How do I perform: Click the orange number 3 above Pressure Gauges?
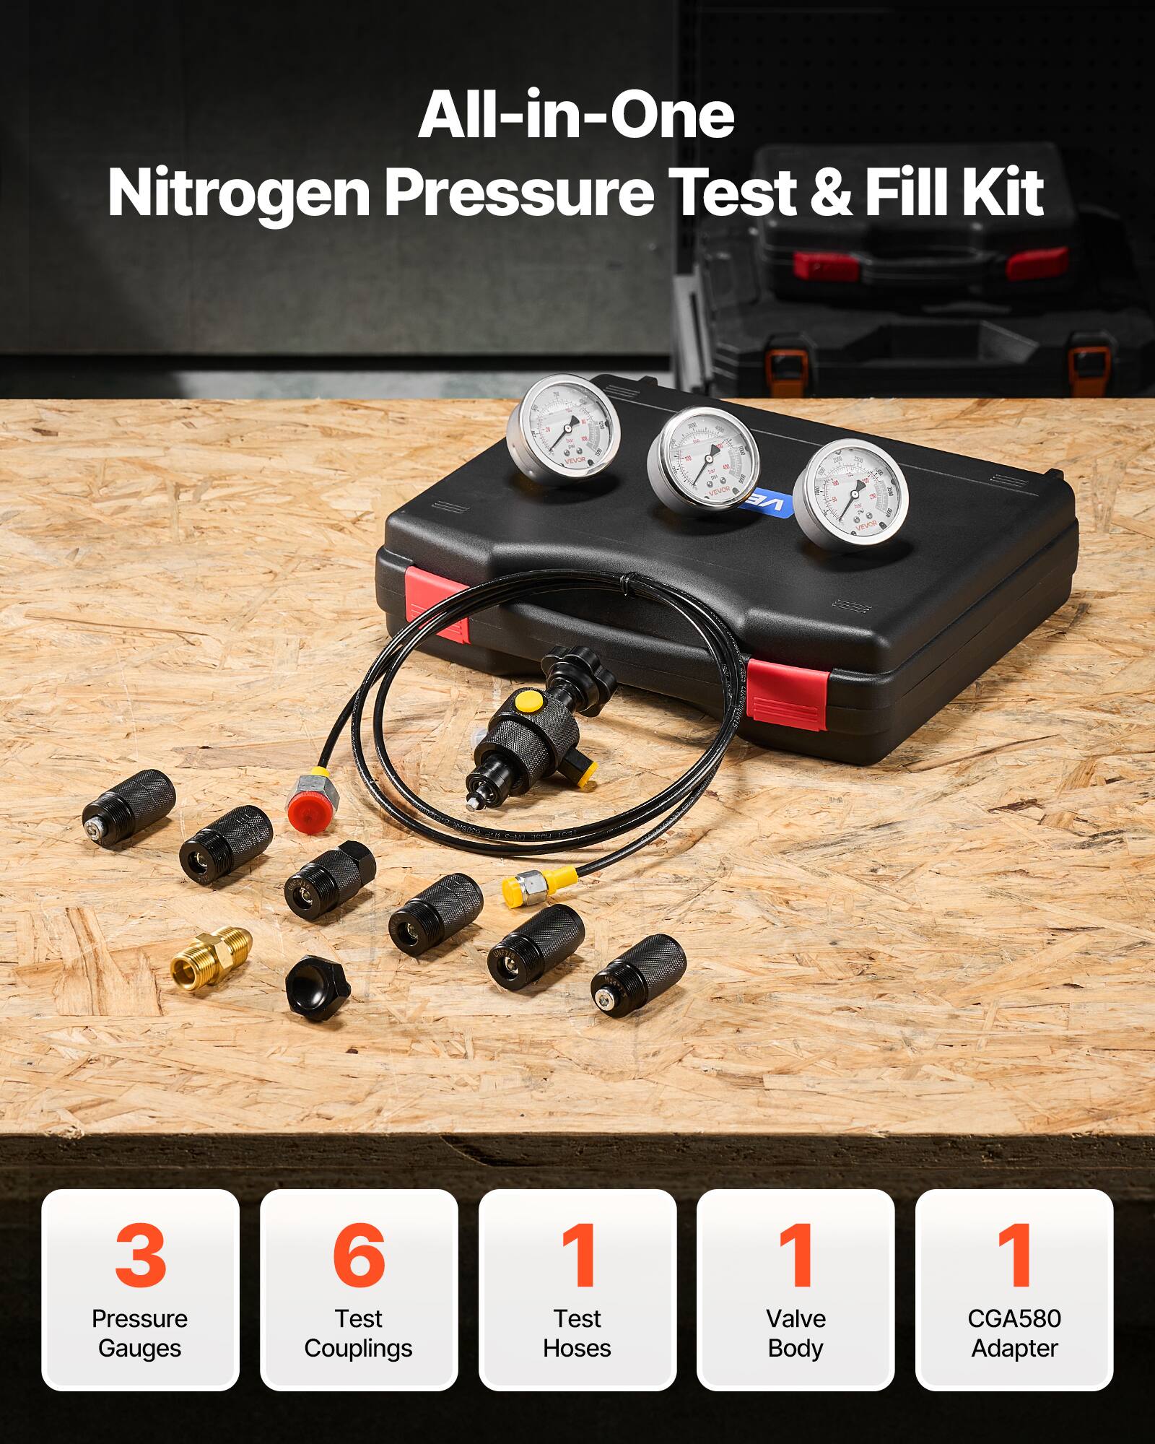[140, 1254]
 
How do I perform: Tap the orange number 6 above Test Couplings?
[359, 1254]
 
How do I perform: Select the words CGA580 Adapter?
[1014, 1333]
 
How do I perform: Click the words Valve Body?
[796, 1333]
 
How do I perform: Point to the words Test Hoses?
[577, 1333]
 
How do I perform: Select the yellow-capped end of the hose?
[526, 887]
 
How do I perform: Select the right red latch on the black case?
[787, 693]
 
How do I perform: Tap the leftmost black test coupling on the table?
[130, 806]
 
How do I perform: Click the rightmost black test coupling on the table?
[638, 969]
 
